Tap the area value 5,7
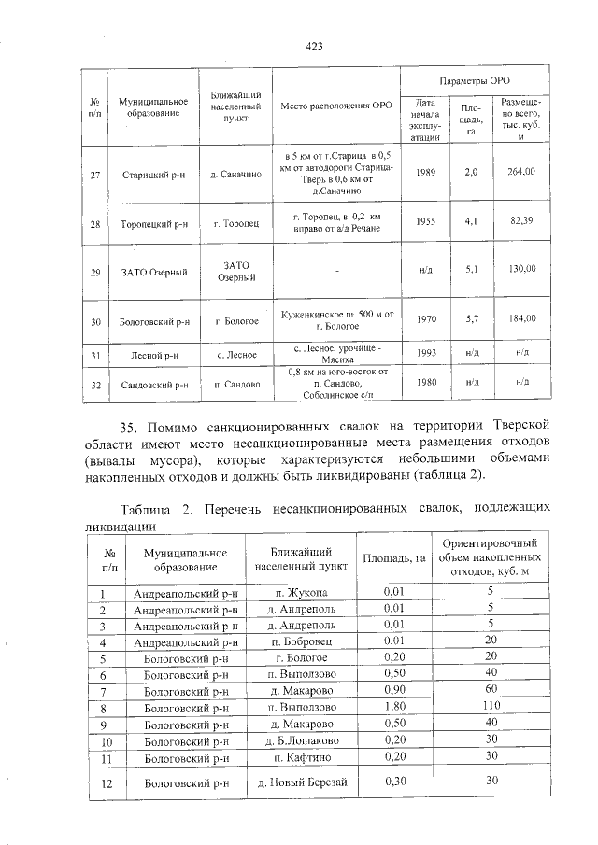(472, 319)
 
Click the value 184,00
(520, 319)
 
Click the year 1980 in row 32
(426, 383)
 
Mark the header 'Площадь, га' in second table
(393, 558)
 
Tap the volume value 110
(490, 707)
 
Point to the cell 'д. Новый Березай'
(295, 782)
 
